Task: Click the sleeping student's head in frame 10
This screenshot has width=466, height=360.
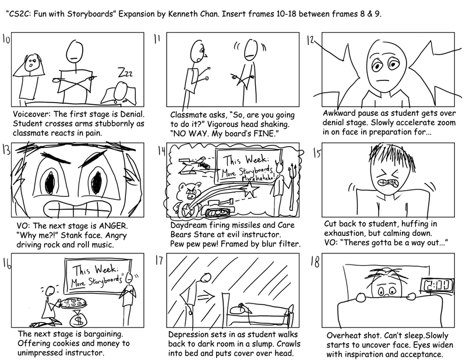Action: (x=121, y=89)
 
